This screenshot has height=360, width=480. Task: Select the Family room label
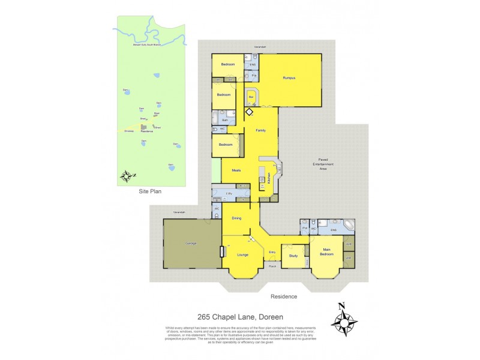[x=260, y=130]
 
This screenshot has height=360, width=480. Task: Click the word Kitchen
[x=269, y=178]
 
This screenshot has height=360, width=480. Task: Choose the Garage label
[x=191, y=243]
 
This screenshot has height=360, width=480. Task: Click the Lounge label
[x=242, y=255]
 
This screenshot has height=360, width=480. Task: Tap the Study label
[x=293, y=256]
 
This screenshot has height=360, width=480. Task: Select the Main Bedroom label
[x=326, y=253]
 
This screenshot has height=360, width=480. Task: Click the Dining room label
[x=236, y=218]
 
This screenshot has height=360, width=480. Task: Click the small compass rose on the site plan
[x=127, y=176]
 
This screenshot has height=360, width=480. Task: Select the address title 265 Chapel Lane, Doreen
[x=239, y=317]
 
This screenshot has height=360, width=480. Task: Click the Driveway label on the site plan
[x=128, y=131]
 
